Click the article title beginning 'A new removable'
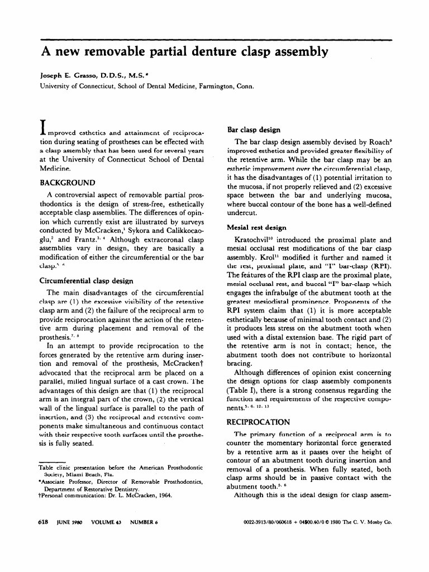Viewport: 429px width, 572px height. coord(184,53)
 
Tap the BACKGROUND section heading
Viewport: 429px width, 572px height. coord(66,183)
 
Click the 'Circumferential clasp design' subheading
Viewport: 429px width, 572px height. coord(92,282)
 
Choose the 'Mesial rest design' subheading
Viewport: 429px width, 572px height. coord(257,228)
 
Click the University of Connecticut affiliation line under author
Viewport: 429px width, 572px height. coord(146,86)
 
